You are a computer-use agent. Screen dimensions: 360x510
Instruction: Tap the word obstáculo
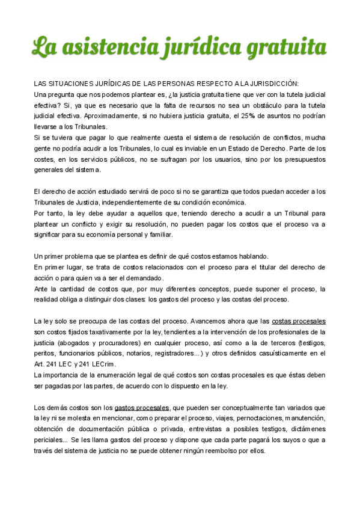(x=251, y=105)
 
